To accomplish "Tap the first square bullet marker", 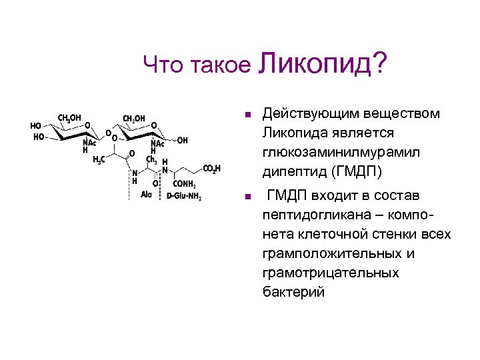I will pos(247,115).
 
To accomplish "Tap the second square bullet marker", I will pos(247,197).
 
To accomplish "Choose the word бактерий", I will pos(293,293).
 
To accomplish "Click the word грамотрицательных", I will pos(331,273).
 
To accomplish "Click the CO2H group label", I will pos(211,169).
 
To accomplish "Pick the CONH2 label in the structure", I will pos(183,185).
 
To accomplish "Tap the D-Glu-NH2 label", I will pos(183,196).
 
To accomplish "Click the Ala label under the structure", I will pos(146,195).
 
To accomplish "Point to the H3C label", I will pos(97,159).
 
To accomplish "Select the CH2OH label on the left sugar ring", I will pos(69,119).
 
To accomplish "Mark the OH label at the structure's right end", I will pos(182,141).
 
